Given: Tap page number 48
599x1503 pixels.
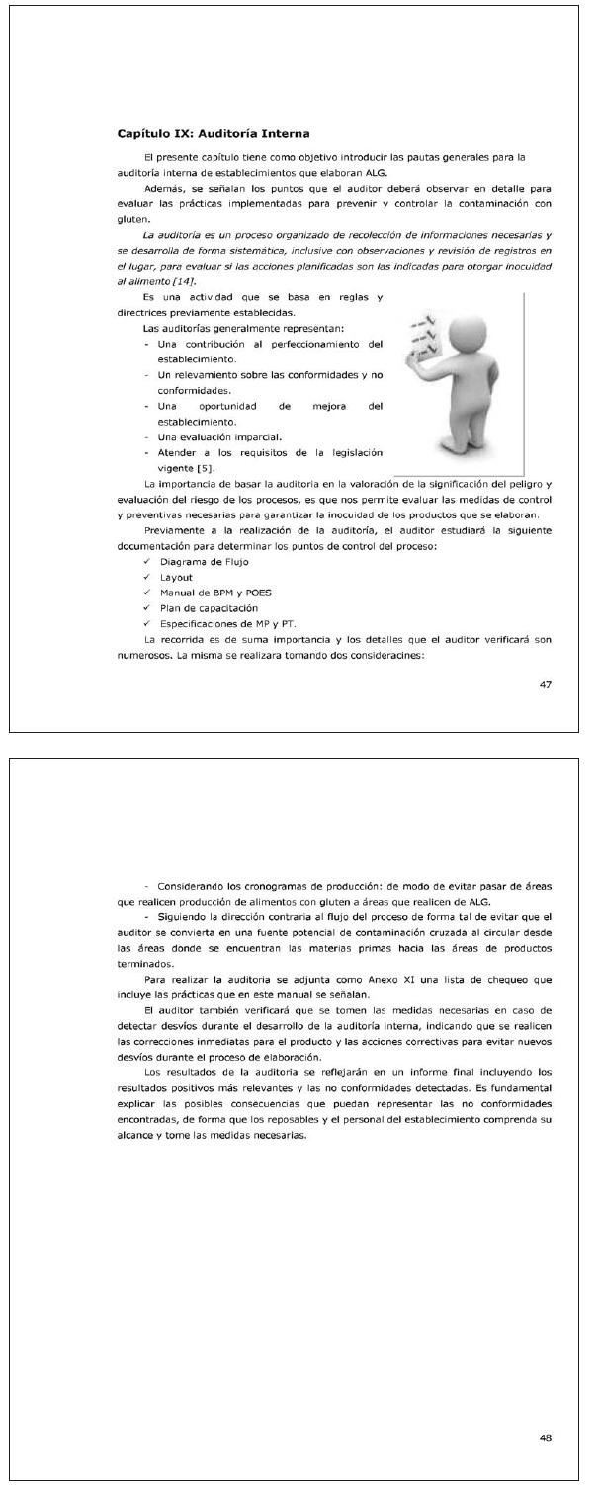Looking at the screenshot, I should tap(546, 1437).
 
